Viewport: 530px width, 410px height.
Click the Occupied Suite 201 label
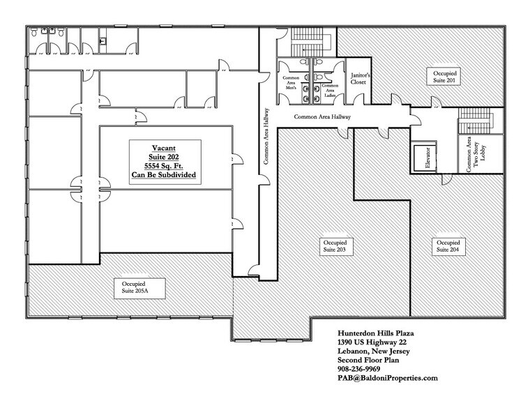[446, 76]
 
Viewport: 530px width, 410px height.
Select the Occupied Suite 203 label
[334, 245]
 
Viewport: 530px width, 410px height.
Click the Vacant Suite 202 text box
[164, 162]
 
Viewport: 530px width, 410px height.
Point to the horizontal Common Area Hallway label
[321, 118]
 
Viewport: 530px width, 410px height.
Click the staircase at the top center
[303, 40]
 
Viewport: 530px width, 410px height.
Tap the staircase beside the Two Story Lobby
[477, 121]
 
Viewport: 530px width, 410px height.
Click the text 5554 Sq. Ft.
[164, 166]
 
